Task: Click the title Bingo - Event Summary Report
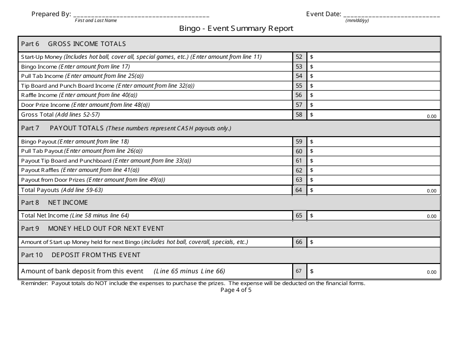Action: pyautogui.click(x=236, y=28)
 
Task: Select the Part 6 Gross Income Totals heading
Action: pyautogui.click(x=73, y=44)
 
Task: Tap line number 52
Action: pyautogui.click(x=299, y=57)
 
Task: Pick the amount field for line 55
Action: pyautogui.click(x=374, y=86)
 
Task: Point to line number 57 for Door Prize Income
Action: pyautogui.click(x=299, y=105)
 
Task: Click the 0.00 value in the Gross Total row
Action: pyautogui.click(x=431, y=117)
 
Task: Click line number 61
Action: pyautogui.click(x=299, y=161)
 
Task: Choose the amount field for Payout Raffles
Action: pyautogui.click(x=374, y=170)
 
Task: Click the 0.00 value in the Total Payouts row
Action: pyautogui.click(x=431, y=191)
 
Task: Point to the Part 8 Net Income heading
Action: pyautogui.click(x=54, y=203)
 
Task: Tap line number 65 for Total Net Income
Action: pyautogui.click(x=299, y=216)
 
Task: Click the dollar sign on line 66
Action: pyautogui.click(x=312, y=242)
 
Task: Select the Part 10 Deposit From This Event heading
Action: pyautogui.click(x=81, y=255)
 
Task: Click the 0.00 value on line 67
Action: pyautogui.click(x=431, y=272)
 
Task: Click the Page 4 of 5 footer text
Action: pyautogui.click(x=236, y=290)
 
